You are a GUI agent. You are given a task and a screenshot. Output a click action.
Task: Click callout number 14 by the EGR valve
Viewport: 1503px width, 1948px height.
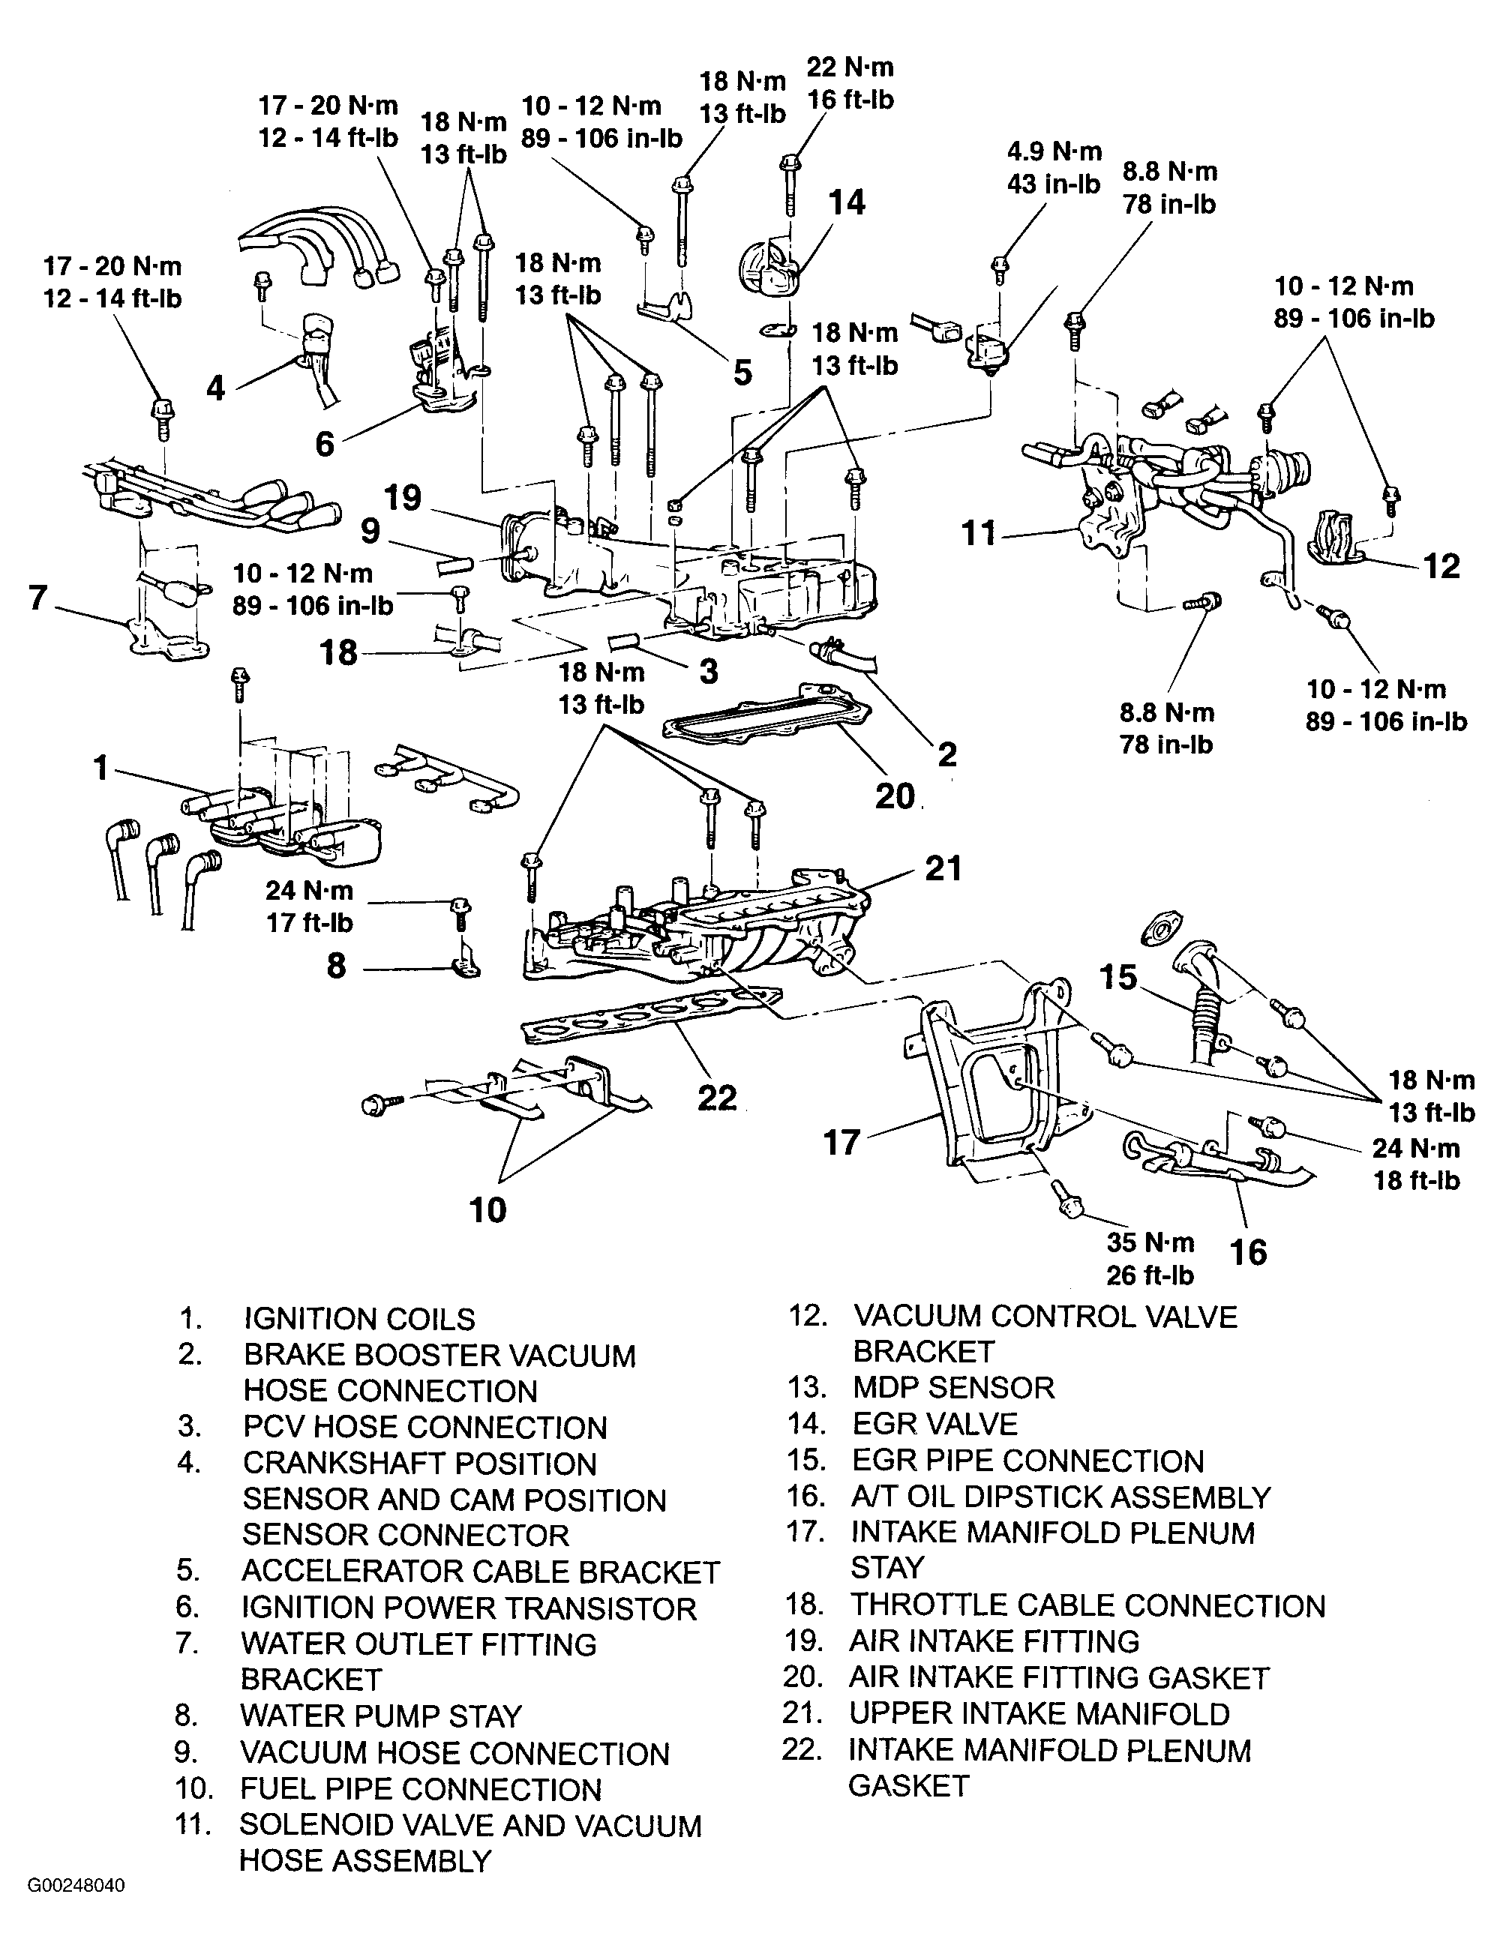tap(847, 202)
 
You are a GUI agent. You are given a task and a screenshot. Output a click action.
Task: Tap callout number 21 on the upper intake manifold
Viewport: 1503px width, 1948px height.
tap(943, 868)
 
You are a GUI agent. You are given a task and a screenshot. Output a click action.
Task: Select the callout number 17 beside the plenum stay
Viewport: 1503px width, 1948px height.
tap(841, 1143)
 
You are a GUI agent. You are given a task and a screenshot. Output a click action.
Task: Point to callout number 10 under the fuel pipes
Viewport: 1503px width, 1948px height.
tap(487, 1209)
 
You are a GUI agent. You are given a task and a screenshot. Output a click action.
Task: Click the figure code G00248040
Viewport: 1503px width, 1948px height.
tap(76, 1910)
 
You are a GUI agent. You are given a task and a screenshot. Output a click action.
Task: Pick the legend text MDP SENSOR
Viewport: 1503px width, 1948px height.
tap(953, 1387)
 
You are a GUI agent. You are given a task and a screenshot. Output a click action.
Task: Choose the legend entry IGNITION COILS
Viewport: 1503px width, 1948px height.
tap(359, 1318)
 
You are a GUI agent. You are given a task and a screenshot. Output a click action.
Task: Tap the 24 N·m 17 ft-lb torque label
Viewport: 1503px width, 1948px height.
tap(310, 907)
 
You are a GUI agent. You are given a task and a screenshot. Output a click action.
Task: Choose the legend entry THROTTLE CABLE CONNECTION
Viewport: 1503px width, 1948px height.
tap(1087, 1605)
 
